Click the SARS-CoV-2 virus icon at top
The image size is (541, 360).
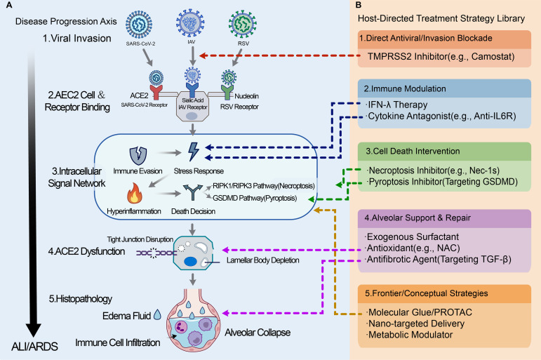point(139,24)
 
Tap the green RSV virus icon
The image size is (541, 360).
point(243,24)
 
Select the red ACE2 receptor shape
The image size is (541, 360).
point(156,92)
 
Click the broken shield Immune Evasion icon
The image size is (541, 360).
point(138,155)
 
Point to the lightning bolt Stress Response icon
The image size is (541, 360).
point(193,152)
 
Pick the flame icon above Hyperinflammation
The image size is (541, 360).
point(134,193)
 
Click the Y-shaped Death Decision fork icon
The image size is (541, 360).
point(192,192)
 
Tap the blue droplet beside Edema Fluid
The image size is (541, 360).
point(157,314)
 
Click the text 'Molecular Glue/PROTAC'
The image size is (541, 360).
point(420,312)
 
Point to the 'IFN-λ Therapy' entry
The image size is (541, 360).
point(397,105)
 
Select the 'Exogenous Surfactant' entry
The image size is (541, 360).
point(413,236)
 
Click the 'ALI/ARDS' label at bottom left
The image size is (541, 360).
point(34,346)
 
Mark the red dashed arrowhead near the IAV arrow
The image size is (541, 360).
point(203,55)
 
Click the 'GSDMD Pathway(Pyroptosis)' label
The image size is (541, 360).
point(255,198)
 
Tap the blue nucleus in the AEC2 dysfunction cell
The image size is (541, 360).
point(190,262)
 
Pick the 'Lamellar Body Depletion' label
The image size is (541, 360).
point(262,260)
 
